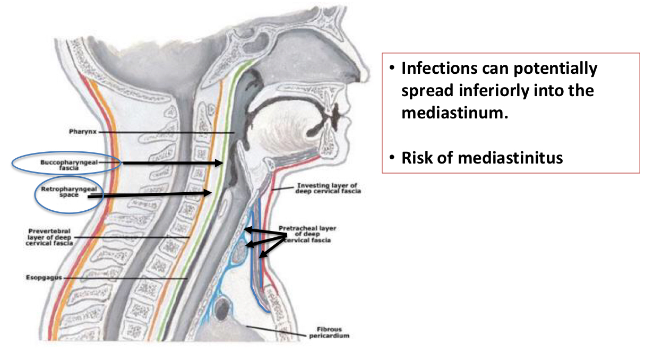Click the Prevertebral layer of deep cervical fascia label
pyautogui.click(x=51, y=237)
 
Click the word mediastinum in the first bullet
pyautogui.click(x=455, y=113)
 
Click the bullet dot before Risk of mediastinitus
pyautogui.click(x=391, y=158)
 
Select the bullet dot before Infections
pyautogui.click(x=391, y=69)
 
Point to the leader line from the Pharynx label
pyautogui.click(x=165, y=132)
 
